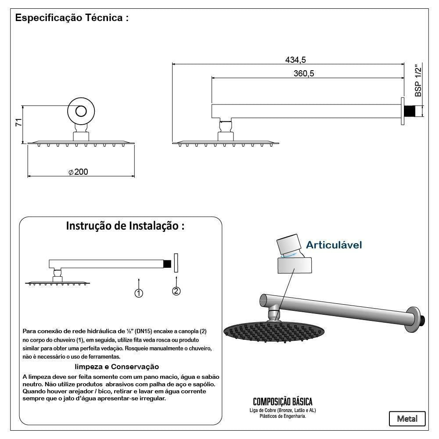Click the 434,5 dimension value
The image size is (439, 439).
[x=295, y=59]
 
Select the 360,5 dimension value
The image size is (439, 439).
[x=304, y=73]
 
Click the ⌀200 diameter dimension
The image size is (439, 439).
[x=78, y=172]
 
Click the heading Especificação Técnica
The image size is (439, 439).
[x=72, y=19]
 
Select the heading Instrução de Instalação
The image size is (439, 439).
[x=125, y=226]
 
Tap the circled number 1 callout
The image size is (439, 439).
[x=139, y=293]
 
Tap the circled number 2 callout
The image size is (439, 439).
[x=176, y=291]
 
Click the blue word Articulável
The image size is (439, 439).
[x=334, y=245]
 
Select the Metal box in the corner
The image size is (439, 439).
[x=407, y=418]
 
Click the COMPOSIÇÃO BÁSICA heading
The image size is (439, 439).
[x=283, y=402]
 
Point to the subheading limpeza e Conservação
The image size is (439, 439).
[x=117, y=367]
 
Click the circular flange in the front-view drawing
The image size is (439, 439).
[x=81, y=111]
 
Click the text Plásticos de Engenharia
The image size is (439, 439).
[x=283, y=416]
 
